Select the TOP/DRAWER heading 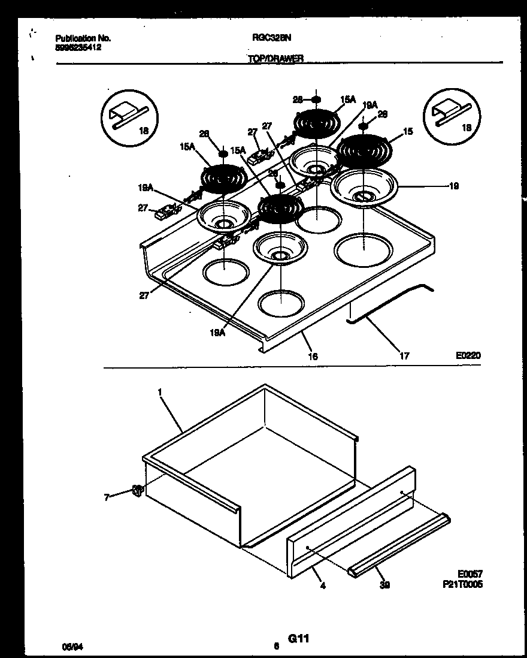click(275, 58)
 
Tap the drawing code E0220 click(468, 355)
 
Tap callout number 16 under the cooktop click(313, 357)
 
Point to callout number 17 click(404, 356)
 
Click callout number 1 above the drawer click(160, 391)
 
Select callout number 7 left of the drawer click(107, 497)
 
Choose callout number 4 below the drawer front click(323, 585)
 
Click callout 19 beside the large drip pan click(453, 186)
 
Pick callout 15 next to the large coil click(408, 131)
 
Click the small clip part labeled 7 click(137, 491)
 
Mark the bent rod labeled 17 click(389, 306)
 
